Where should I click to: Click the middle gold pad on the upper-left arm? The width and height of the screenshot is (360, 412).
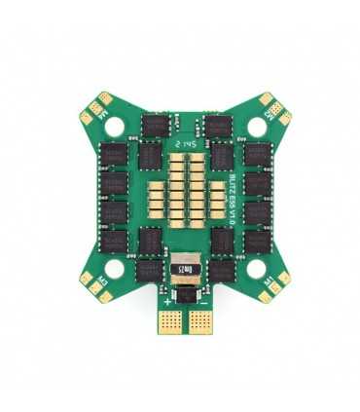[96, 107]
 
